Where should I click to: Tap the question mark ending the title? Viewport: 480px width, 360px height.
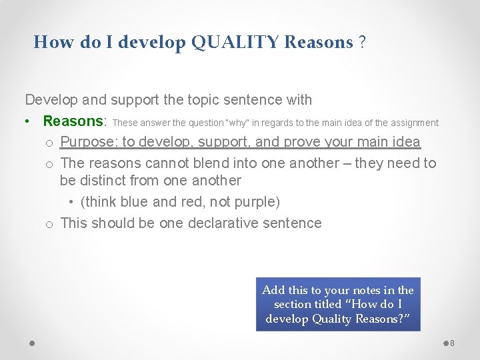point(361,43)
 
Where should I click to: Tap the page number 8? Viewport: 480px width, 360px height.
point(452,343)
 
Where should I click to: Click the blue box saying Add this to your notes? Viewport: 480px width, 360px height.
point(338,304)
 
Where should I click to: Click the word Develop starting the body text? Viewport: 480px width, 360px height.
point(51,100)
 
